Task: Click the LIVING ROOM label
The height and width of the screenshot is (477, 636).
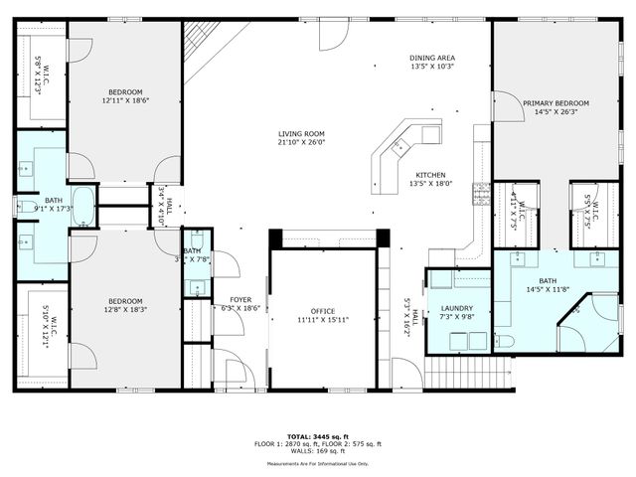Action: point(300,133)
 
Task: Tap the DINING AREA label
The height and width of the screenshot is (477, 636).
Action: point(432,57)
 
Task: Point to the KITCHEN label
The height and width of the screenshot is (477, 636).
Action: point(430,175)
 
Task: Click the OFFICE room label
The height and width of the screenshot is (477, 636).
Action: point(323,311)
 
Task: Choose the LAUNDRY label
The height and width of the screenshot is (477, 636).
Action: point(457,308)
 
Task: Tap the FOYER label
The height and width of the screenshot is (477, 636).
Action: point(240,299)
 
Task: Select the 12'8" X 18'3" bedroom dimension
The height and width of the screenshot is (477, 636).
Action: point(124,310)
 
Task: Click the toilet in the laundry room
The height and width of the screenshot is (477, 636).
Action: point(504,342)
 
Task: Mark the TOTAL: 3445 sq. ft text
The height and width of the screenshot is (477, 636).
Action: point(317,436)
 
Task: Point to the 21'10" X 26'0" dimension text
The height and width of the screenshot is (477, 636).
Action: point(300,143)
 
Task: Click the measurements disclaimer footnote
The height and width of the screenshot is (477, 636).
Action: point(317,463)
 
